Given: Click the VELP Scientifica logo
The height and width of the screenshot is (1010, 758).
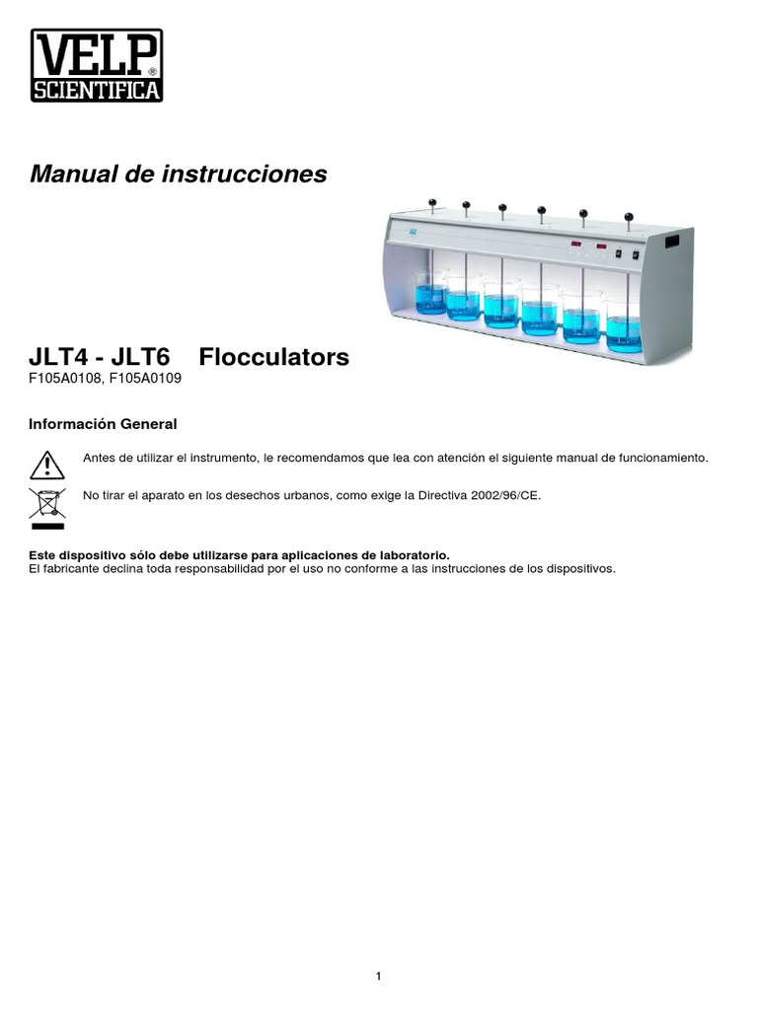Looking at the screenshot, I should click(x=97, y=65).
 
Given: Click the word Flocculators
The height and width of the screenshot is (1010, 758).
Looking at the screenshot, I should click(x=281, y=357).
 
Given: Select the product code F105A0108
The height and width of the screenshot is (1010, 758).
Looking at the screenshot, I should click(x=66, y=378).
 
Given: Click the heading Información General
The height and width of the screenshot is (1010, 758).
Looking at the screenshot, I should click(x=104, y=424).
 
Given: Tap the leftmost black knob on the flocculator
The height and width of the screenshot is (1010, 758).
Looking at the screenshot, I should click(x=432, y=203).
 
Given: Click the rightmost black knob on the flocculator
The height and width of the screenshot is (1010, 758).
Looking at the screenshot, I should click(x=628, y=214).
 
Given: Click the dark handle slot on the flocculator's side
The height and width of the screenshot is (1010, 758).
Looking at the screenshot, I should click(x=676, y=242).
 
